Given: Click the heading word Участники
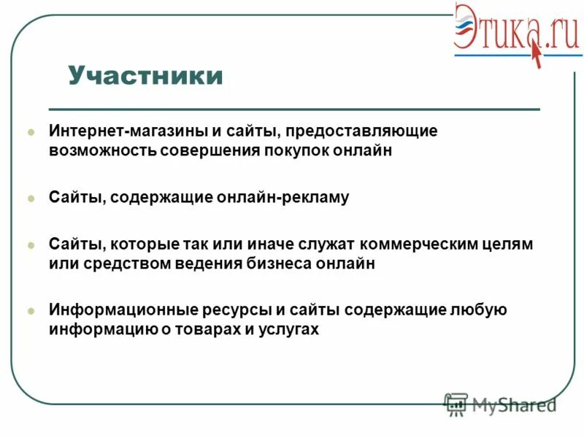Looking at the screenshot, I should [x=146, y=76].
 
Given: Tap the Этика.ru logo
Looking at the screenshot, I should [x=515, y=34].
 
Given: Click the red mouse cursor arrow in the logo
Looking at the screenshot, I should [x=537, y=55].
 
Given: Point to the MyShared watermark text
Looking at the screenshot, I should [x=513, y=404].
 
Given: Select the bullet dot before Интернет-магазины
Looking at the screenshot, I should [x=31, y=133].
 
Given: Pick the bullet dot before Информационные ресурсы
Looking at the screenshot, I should [x=31, y=310].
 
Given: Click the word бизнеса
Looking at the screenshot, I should [x=278, y=264].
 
